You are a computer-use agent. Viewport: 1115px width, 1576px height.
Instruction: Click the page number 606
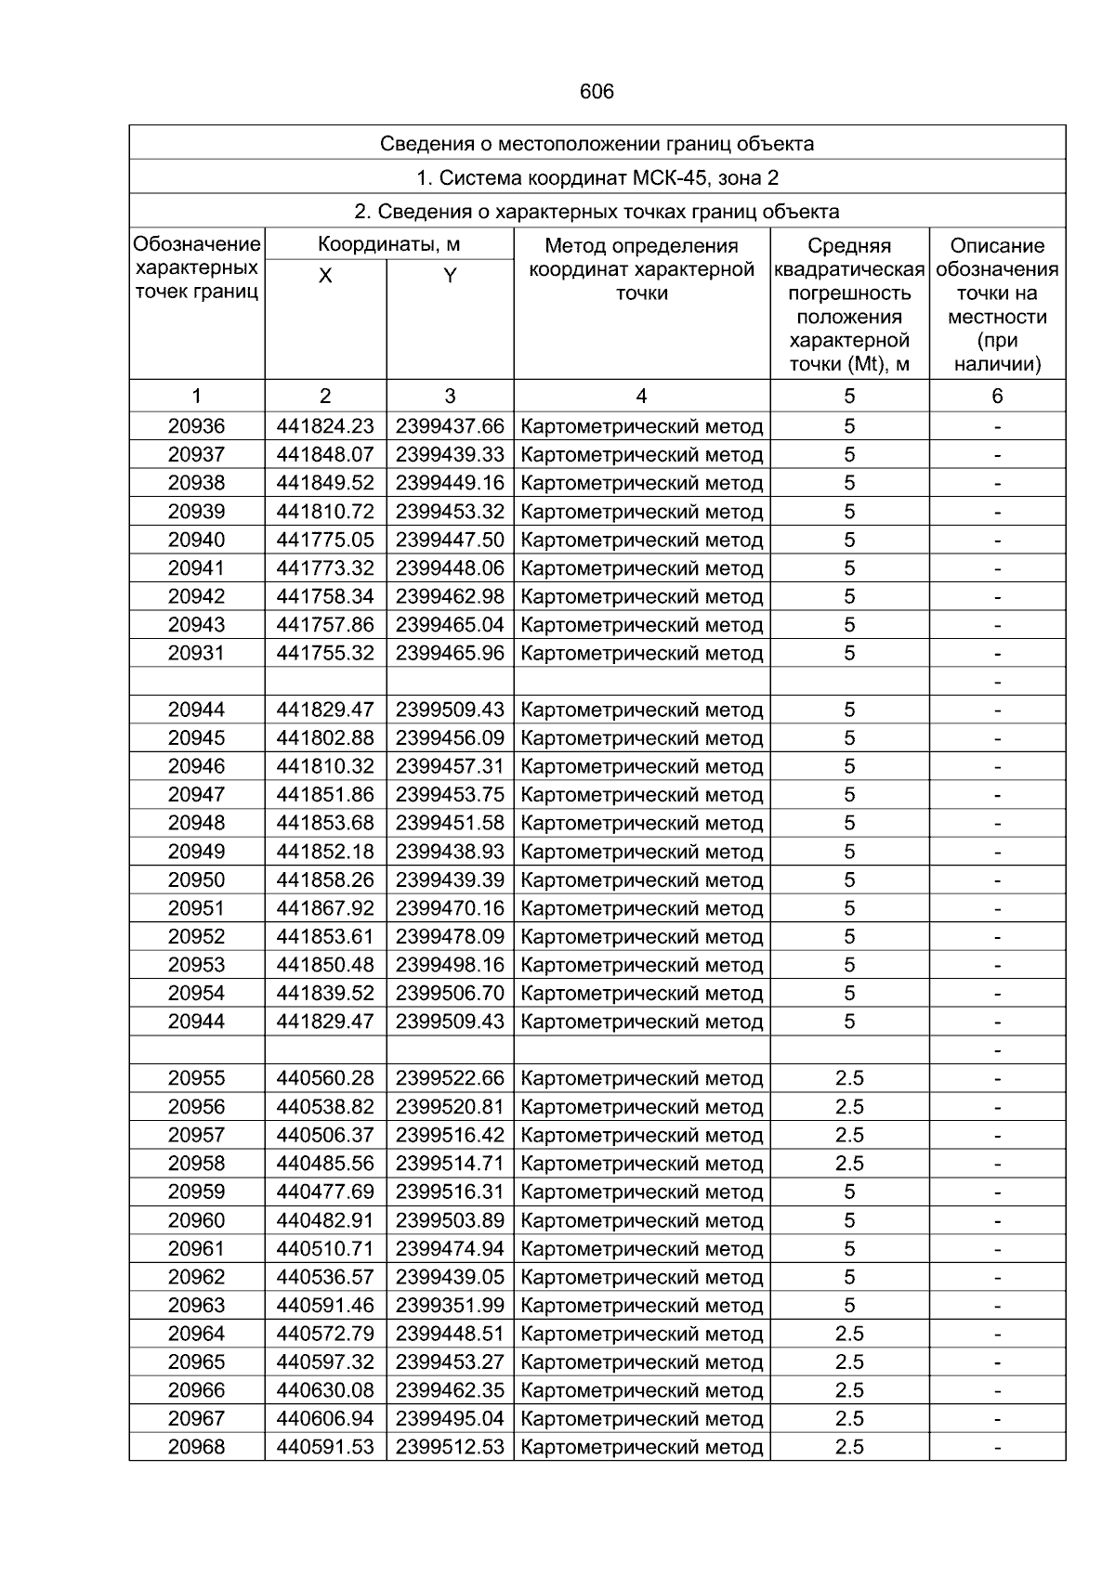click(597, 92)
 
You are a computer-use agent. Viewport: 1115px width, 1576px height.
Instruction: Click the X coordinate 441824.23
click(325, 426)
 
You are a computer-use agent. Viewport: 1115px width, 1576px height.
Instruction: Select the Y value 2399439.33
click(450, 455)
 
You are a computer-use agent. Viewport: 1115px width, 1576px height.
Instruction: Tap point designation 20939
click(196, 512)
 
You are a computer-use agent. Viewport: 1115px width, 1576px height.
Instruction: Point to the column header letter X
click(325, 276)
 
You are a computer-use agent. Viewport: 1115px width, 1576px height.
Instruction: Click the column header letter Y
click(450, 276)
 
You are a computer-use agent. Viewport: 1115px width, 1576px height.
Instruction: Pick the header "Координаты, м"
click(388, 245)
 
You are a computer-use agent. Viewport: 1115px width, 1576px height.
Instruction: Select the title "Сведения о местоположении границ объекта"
click(597, 144)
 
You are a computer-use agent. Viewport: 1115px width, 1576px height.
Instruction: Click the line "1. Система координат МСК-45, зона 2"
click(597, 177)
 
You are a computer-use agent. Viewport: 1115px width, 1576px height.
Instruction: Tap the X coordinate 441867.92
click(325, 908)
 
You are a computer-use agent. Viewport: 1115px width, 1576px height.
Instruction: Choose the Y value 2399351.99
click(450, 1305)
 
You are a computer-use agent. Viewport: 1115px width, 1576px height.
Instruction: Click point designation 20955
click(196, 1078)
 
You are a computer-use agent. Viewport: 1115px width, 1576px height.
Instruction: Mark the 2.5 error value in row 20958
click(849, 1164)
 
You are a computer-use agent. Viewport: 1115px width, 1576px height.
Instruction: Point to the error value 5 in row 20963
click(849, 1305)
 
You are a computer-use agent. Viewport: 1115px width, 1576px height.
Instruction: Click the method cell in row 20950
click(641, 880)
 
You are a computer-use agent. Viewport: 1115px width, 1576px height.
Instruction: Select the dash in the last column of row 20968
click(997, 1447)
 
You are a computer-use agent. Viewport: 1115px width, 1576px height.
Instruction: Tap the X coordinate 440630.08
click(325, 1390)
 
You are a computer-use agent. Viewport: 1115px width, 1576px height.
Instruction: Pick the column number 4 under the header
click(641, 397)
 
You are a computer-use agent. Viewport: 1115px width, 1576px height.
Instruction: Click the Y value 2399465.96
click(450, 653)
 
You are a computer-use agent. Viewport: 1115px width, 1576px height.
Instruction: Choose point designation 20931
click(196, 653)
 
